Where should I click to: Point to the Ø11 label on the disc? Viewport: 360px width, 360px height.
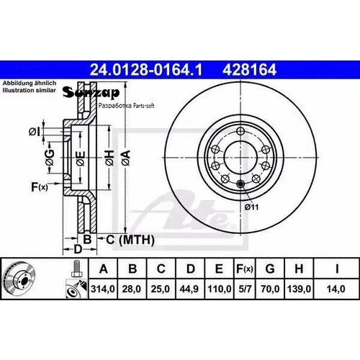tap(251, 207)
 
